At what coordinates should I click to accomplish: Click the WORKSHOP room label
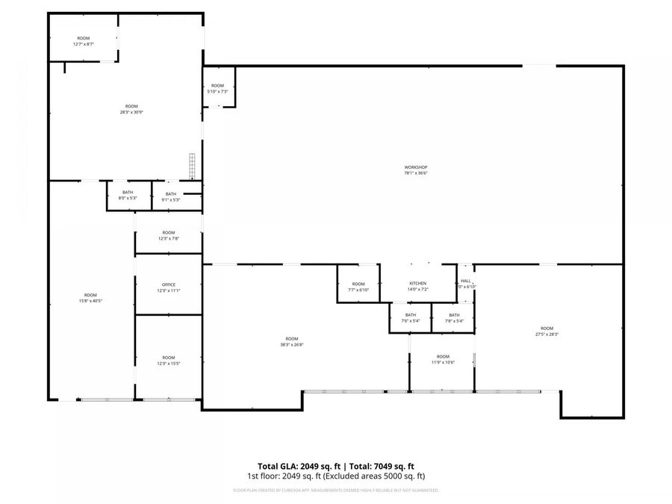pyautogui.click(x=416, y=167)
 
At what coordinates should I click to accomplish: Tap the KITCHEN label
pyautogui.click(x=417, y=284)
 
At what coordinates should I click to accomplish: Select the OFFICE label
pyautogui.click(x=169, y=284)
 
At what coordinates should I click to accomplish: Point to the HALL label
pyautogui.click(x=466, y=281)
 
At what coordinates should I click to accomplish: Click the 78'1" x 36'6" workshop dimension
pyautogui.click(x=416, y=173)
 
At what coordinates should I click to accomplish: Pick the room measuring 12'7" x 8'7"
pyautogui.click(x=83, y=41)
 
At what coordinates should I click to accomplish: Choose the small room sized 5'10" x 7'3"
pyautogui.click(x=218, y=88)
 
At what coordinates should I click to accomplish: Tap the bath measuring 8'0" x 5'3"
pyautogui.click(x=128, y=196)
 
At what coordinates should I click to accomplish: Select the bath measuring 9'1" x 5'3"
pyautogui.click(x=171, y=197)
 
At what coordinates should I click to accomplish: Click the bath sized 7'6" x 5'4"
pyautogui.click(x=411, y=318)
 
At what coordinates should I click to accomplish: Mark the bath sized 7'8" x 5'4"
pyautogui.click(x=454, y=318)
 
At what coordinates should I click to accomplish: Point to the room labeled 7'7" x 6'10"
pyautogui.click(x=358, y=287)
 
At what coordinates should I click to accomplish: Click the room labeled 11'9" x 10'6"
pyautogui.click(x=443, y=359)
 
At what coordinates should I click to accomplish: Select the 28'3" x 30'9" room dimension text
pyautogui.click(x=131, y=113)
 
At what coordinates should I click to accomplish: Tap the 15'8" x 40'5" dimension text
pyautogui.click(x=90, y=301)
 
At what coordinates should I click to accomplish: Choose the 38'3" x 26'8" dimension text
pyautogui.click(x=291, y=344)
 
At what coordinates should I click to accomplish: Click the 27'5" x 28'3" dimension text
pyautogui.click(x=547, y=335)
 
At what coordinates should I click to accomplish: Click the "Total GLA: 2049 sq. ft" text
pyautogui.click(x=294, y=465)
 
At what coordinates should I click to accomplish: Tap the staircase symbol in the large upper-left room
pyautogui.click(x=192, y=166)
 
